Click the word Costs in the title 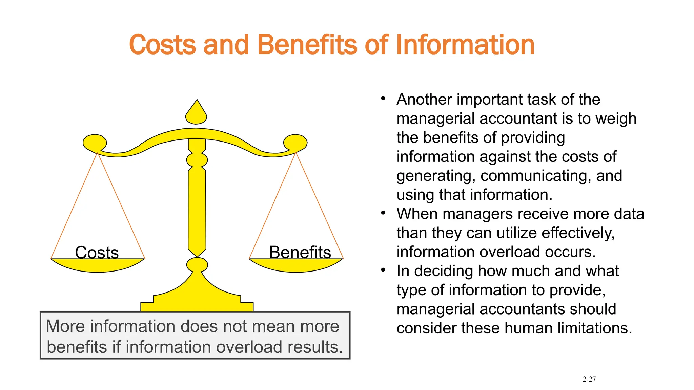pyautogui.click(x=163, y=45)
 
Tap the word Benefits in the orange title pyautogui.click(x=307, y=45)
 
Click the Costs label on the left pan pyautogui.click(x=97, y=252)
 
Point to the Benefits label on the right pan pyautogui.click(x=300, y=252)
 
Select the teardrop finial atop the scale pyautogui.click(x=196, y=113)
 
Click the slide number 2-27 pyautogui.click(x=589, y=379)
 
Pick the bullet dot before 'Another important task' pyautogui.click(x=383, y=99)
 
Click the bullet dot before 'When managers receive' pyautogui.click(x=383, y=213)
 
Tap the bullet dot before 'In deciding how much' pyautogui.click(x=383, y=270)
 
